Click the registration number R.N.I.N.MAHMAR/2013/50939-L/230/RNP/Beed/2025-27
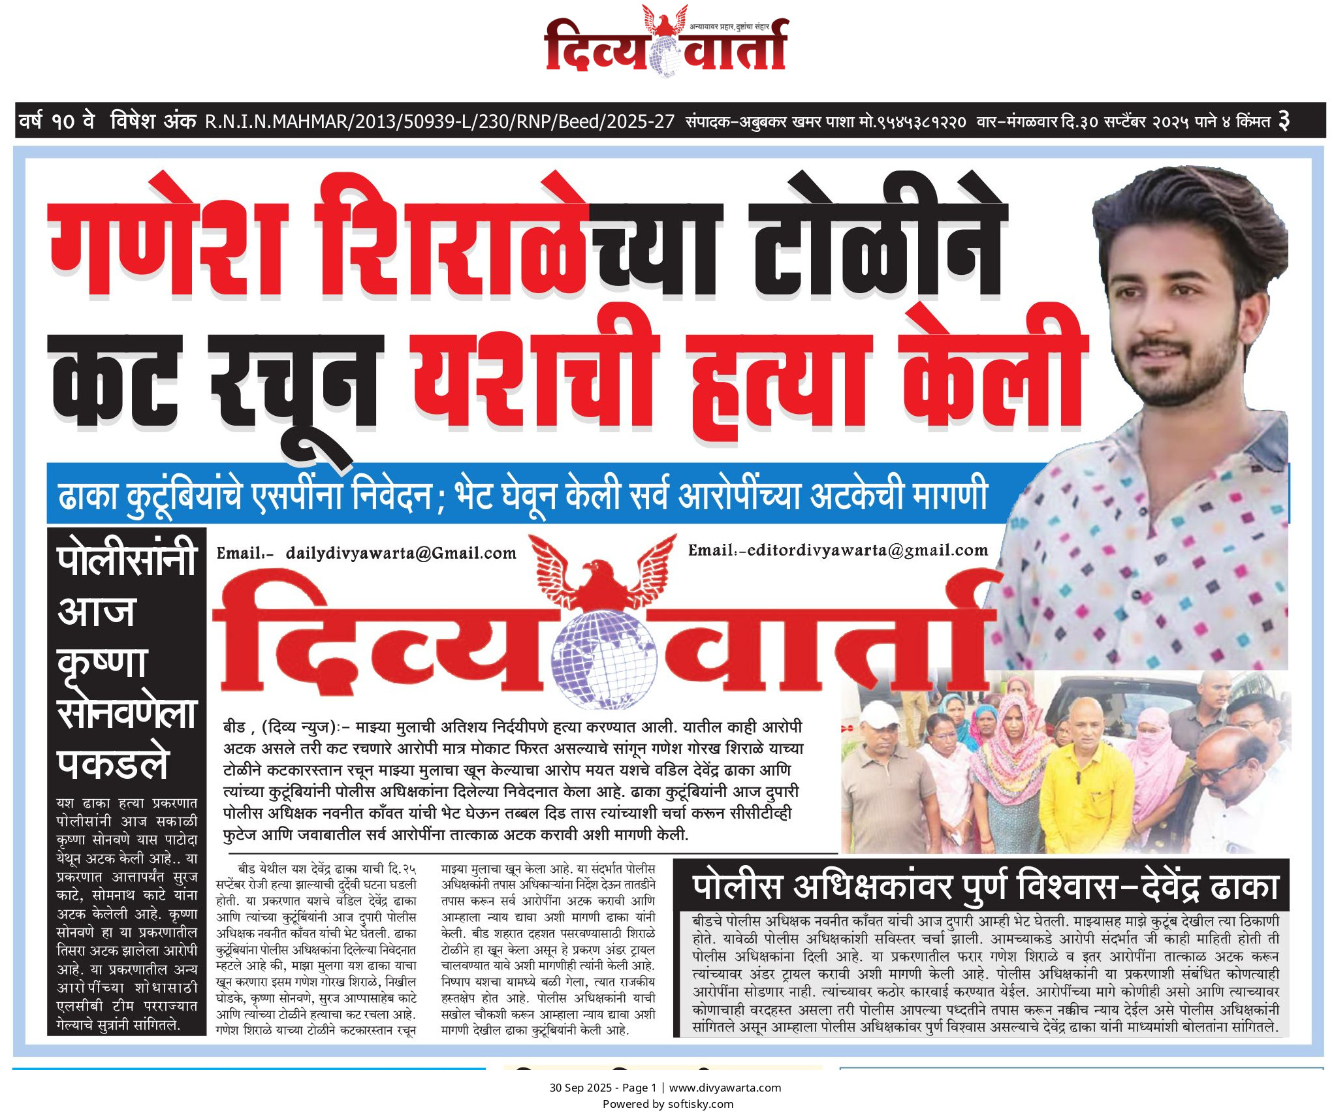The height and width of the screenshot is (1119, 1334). pos(439,121)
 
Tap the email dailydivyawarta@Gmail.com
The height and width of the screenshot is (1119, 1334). pos(400,554)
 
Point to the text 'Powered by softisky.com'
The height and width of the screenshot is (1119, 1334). pos(667,1104)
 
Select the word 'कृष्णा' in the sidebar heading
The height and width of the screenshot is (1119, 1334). pos(103,662)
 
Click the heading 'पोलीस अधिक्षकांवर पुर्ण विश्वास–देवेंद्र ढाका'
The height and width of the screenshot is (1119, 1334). pos(985,887)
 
